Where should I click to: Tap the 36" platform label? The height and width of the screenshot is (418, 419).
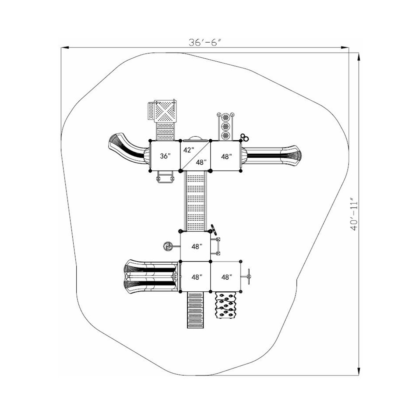(x=165, y=156)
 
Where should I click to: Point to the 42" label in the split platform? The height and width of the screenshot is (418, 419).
(x=188, y=150)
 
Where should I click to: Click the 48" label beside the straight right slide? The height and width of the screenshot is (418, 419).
(x=226, y=156)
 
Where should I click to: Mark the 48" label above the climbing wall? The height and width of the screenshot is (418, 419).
(x=226, y=277)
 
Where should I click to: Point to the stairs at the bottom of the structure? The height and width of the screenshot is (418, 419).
(x=195, y=310)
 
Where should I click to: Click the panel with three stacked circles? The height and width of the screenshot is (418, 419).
(x=225, y=126)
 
